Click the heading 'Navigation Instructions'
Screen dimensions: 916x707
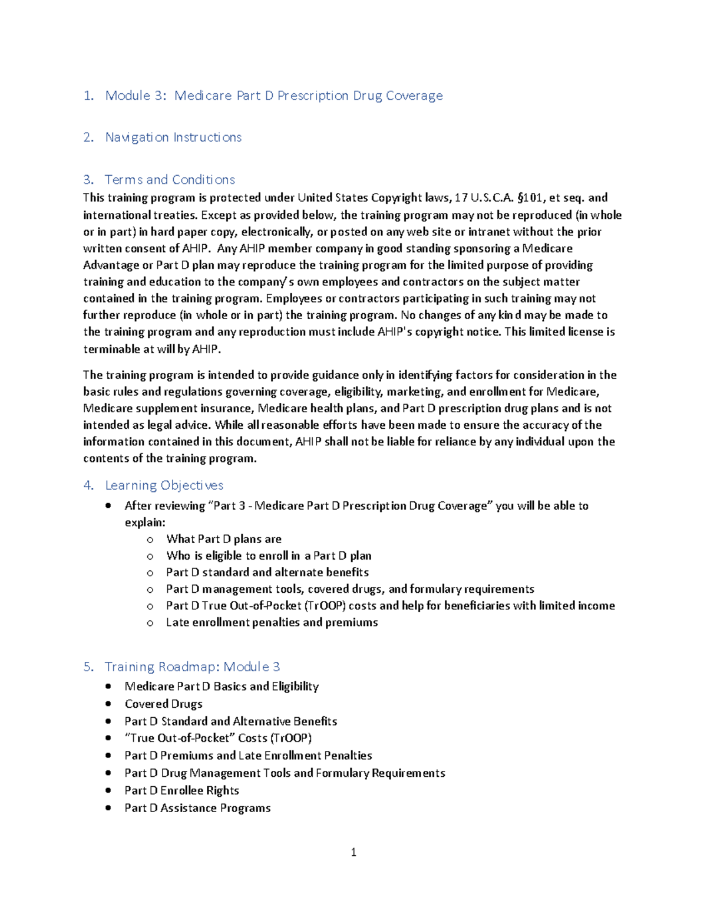(x=173, y=137)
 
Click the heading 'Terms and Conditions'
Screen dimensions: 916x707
(x=170, y=179)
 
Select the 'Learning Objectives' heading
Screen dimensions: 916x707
(x=164, y=485)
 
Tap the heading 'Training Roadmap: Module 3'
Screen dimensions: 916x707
(x=192, y=667)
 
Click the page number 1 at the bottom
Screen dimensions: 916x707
(x=353, y=852)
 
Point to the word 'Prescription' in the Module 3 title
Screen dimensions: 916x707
(x=313, y=96)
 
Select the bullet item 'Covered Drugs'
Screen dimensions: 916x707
(x=163, y=704)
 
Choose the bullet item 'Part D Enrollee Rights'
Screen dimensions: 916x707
(x=181, y=790)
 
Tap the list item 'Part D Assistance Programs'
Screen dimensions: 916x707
(x=197, y=808)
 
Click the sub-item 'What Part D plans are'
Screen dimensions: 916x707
(x=224, y=539)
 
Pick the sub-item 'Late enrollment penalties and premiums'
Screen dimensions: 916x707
(x=272, y=622)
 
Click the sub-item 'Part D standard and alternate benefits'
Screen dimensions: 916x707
(x=267, y=572)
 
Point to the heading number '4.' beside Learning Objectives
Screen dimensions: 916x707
(x=89, y=485)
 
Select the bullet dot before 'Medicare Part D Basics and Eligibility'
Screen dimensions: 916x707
(x=108, y=686)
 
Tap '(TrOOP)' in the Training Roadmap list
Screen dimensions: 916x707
(x=291, y=738)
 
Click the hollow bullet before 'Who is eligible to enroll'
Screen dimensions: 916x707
(x=150, y=556)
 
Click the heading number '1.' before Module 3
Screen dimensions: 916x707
(x=89, y=96)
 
